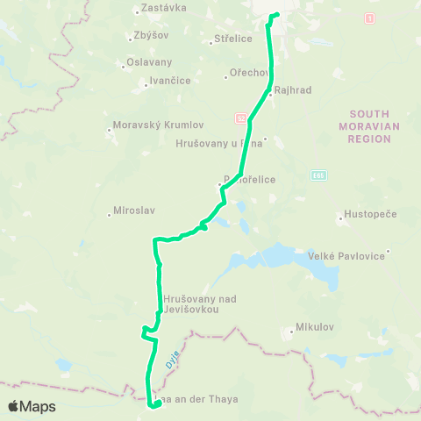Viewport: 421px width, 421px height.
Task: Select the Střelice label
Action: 233,39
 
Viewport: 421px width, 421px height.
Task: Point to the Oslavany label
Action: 149,62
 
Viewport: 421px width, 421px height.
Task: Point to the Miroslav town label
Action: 134,211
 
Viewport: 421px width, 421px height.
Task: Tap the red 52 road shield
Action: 239,117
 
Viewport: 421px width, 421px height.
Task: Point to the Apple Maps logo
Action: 32,406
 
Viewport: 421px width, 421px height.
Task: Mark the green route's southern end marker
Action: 157,404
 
